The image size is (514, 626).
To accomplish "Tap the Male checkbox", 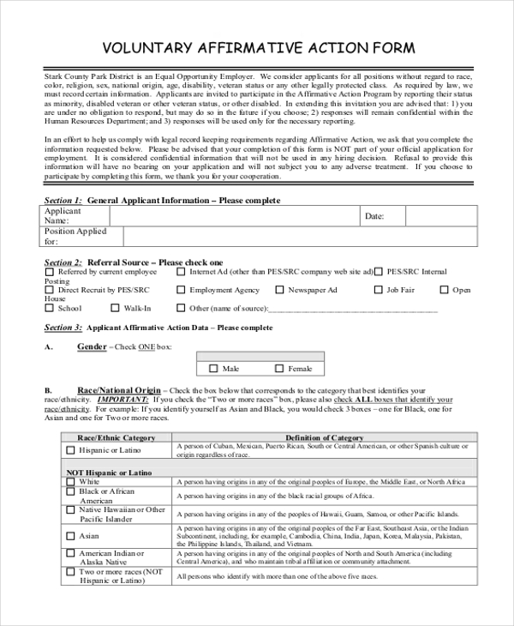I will coord(213,369).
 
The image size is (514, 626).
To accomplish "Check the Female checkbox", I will coord(278,369).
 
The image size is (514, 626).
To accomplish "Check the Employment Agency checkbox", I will coord(180,291).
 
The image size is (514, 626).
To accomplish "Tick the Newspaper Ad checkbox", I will coord(278,291).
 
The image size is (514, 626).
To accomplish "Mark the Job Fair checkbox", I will coord(377,291).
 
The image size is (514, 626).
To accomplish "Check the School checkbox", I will coord(49,309).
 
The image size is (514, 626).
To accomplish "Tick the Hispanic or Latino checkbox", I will coord(70,450).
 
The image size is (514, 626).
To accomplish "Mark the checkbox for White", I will coord(70,482).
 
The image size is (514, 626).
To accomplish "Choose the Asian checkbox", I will coord(70,536).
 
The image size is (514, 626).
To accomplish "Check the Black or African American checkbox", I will coord(70,493).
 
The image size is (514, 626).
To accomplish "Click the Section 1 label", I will coord(63,200).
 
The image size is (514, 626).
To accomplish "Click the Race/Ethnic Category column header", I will coord(117,437).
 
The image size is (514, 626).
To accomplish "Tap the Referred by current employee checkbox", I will coord(49,272).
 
